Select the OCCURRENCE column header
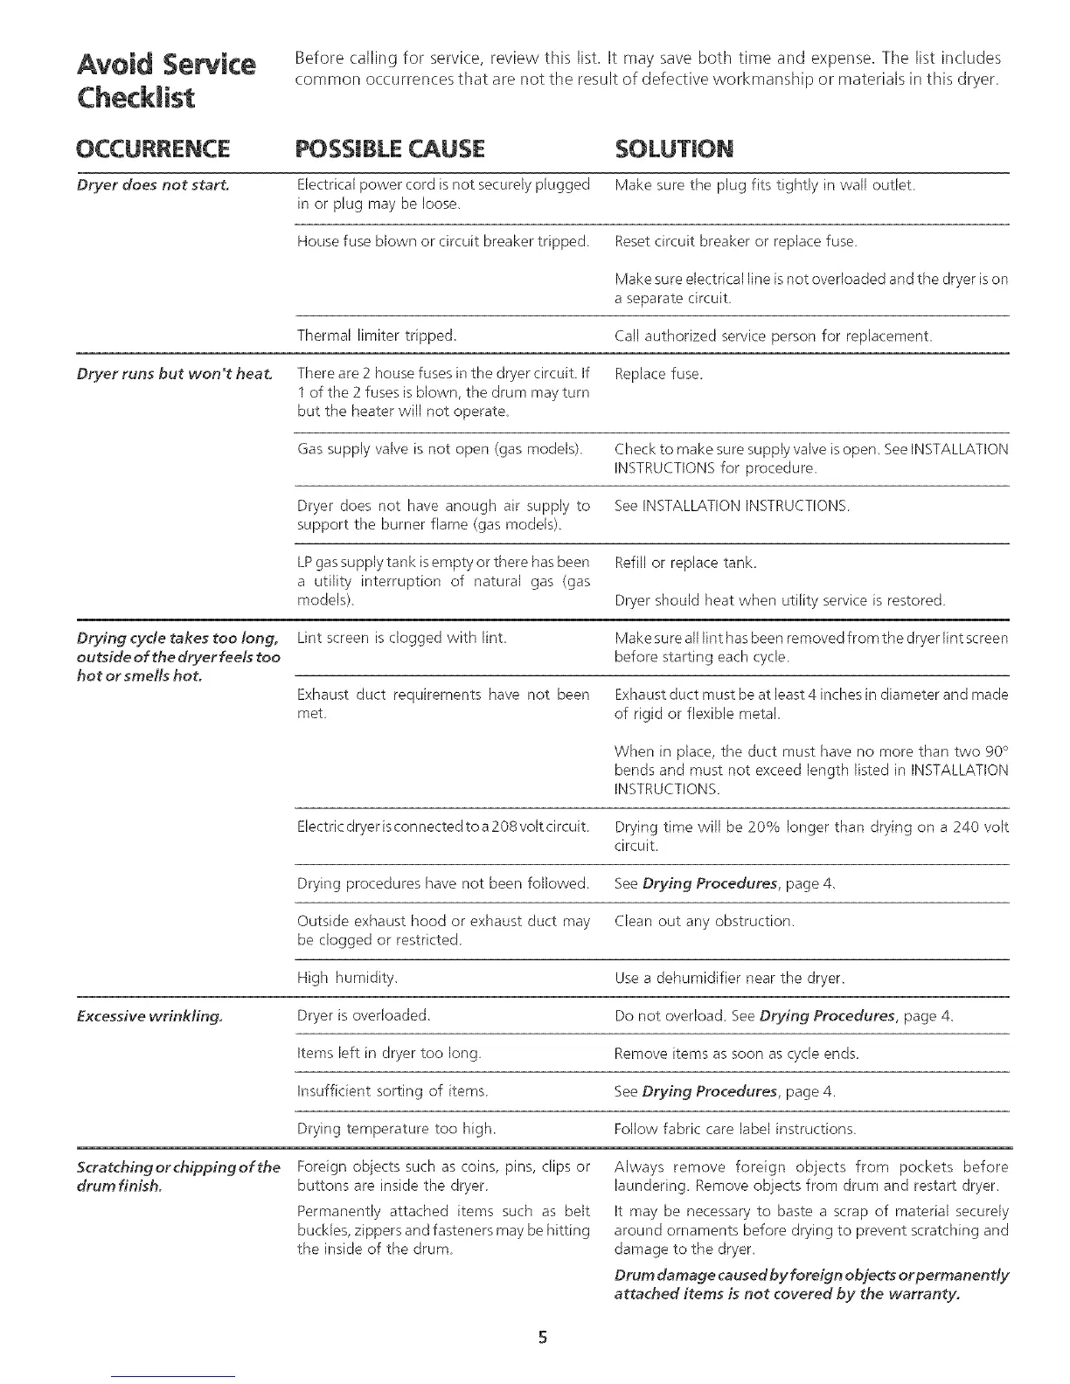[153, 149]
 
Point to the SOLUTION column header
[674, 149]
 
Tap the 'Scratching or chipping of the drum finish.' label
[178, 1176]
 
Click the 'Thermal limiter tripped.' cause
[377, 336]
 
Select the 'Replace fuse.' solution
[658, 374]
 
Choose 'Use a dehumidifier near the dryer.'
[730, 978]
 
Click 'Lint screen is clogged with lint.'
[402, 638]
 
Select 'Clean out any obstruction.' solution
[705, 921]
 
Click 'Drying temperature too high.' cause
[397, 1129]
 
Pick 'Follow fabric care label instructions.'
[735, 1129]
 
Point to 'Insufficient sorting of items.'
[393, 1091]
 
